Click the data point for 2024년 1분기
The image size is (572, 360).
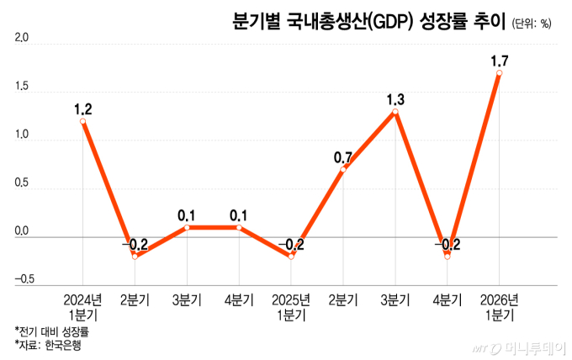(x=82, y=121)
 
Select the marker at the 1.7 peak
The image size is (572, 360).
(x=500, y=73)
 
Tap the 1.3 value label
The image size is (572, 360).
(x=395, y=100)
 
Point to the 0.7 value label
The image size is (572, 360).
(x=343, y=156)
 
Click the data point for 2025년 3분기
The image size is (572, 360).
(x=395, y=112)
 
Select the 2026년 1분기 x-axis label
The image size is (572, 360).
(x=500, y=305)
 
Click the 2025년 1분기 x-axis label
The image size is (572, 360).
(x=291, y=305)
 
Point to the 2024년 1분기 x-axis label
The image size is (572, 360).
(x=82, y=305)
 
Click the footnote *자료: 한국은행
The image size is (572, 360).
(x=50, y=345)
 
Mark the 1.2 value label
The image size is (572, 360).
(x=82, y=109)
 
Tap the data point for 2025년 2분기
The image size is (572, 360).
(x=343, y=169)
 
